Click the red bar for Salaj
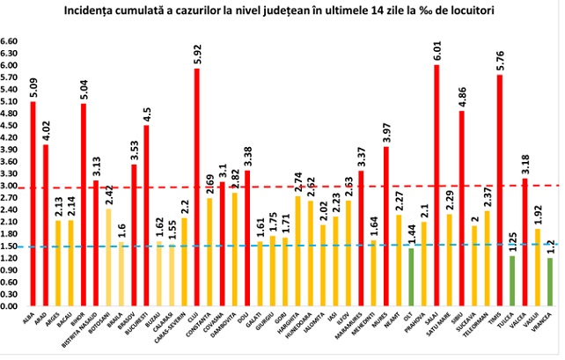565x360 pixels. coord(437,186)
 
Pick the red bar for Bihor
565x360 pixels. coord(83,205)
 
